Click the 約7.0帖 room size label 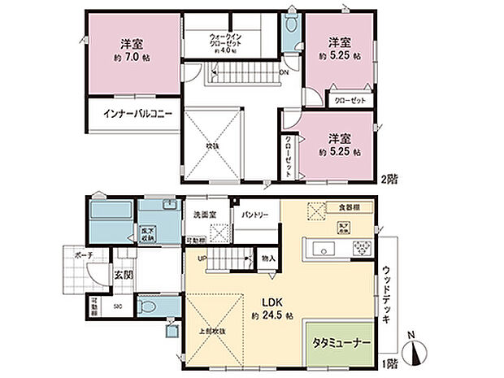coord(133,59)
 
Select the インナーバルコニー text coord(137,115)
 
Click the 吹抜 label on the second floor coord(213,145)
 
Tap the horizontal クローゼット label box coord(350,100)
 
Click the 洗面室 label coord(204,215)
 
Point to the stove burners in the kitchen coord(361,247)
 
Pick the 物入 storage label coord(269,258)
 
